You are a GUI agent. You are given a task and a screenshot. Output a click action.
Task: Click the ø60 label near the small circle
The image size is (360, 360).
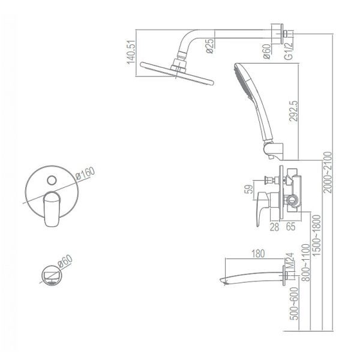coord(65,261)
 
